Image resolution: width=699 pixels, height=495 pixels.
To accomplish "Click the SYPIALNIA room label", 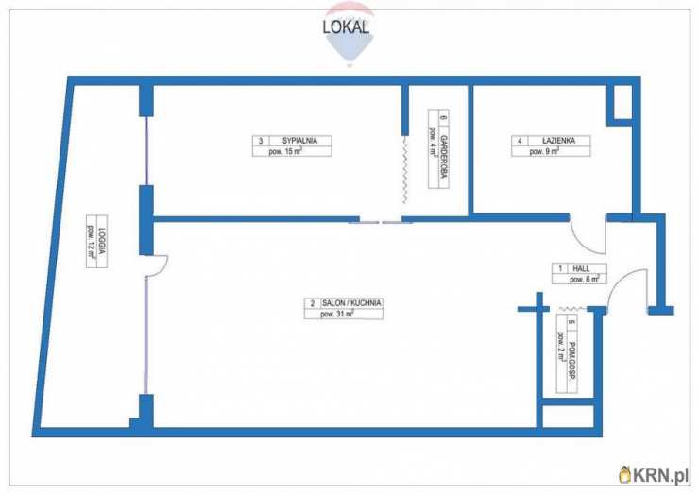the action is pos(299,141).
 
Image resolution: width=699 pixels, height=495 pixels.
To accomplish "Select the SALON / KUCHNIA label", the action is pos(351,303).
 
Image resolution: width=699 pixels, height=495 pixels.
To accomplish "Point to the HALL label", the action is pos(581,268).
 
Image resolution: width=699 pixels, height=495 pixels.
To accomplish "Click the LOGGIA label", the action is pos(102,241).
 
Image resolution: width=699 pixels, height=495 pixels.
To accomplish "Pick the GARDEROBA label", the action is pos(444,156).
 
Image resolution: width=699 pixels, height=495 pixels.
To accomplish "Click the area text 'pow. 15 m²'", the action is pos(285,152).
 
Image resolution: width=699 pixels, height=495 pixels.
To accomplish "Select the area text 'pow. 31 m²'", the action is pos(337,314).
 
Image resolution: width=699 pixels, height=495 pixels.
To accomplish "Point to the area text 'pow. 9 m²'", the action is pos(544,152).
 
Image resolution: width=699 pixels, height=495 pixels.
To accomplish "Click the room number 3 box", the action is pos(261,141).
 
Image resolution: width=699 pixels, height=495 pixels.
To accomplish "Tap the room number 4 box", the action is pos(520,141).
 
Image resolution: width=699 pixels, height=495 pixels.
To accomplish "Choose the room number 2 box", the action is pos(313,303).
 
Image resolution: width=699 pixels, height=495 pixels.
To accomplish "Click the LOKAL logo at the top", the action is pos(346,27).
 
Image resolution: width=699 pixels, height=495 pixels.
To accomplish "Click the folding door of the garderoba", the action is pos(405,170).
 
